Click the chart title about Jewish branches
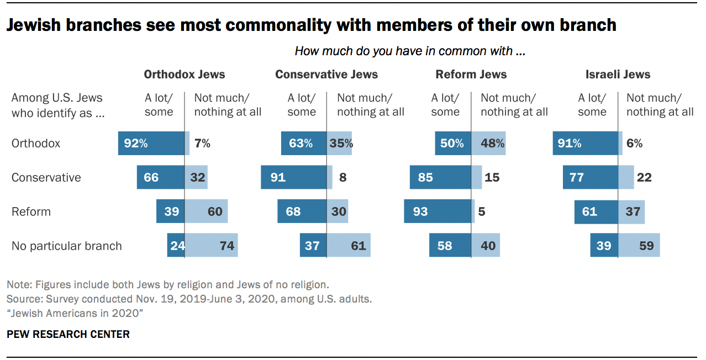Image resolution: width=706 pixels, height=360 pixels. (311, 25)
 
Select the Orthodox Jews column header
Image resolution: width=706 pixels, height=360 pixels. (185, 75)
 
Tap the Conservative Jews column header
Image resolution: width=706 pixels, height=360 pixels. (326, 75)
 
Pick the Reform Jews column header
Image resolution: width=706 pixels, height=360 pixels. (471, 75)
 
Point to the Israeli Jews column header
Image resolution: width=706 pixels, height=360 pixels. (618, 75)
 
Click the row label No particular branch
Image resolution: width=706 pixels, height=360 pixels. (66, 246)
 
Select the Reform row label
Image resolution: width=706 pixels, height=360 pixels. (31, 211)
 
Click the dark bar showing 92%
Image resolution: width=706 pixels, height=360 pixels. (151, 144)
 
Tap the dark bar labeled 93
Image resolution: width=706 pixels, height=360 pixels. (437, 211)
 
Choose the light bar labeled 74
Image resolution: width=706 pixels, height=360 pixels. (211, 246)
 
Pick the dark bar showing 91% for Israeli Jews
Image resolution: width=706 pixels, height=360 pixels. (585, 144)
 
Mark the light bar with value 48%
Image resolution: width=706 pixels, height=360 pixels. (488, 144)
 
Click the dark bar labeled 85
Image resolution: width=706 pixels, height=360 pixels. (440, 178)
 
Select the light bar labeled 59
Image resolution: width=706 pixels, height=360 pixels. (639, 246)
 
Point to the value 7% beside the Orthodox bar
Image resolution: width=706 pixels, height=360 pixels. (202, 144)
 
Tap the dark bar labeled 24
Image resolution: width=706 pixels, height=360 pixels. (176, 246)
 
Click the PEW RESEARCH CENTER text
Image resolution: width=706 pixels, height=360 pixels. (68, 334)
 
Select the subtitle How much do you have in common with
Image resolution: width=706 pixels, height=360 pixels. (409, 51)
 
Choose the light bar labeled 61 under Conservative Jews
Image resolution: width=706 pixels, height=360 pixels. (349, 246)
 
